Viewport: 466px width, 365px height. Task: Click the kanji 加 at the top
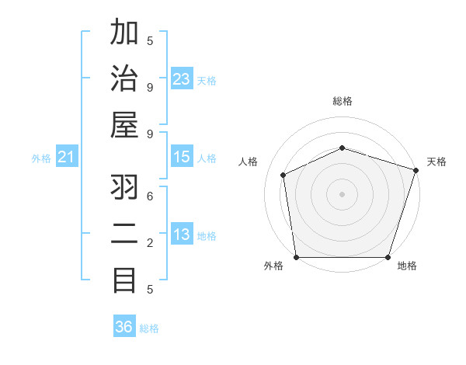coord(124,35)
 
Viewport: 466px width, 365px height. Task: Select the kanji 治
coord(124,79)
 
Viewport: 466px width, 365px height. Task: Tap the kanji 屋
coord(124,125)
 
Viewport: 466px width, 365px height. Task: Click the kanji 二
coord(124,235)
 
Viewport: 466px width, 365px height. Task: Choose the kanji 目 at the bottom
coord(124,280)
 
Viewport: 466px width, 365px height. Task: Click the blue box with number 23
coord(182,79)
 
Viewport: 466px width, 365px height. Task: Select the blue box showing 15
coord(182,158)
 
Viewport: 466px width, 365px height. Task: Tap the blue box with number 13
coord(182,235)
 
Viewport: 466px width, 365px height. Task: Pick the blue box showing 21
coord(67,158)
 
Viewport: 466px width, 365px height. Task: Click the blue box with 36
coord(124,327)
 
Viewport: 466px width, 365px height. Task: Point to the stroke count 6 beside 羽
coord(150,196)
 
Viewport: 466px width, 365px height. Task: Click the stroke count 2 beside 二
coord(150,243)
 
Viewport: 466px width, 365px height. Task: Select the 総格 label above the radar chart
coord(342,101)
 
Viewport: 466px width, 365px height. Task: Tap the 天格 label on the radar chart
coord(436,162)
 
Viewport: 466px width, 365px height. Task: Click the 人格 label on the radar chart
coord(249,162)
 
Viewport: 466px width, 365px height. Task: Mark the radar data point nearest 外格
coord(296,257)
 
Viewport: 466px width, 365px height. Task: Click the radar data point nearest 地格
coord(388,257)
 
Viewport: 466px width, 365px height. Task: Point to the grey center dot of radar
coord(342,194)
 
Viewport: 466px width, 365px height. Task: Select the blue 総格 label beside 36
coord(149,328)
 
